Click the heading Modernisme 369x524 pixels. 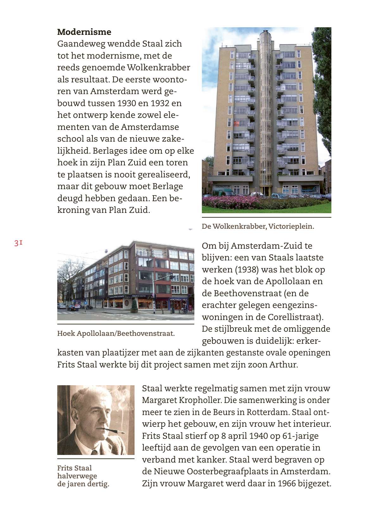pos(84,32)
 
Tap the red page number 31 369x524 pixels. pos(18,243)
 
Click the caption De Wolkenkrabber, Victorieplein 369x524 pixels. pos(258,226)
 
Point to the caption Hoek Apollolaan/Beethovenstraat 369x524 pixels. pos(116,333)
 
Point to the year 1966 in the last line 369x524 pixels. pos(288,483)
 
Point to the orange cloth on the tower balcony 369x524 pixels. pos(236,123)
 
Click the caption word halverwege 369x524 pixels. pos(77,476)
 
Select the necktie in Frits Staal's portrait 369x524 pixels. pos(94,452)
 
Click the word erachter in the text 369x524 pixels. pos(217,305)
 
